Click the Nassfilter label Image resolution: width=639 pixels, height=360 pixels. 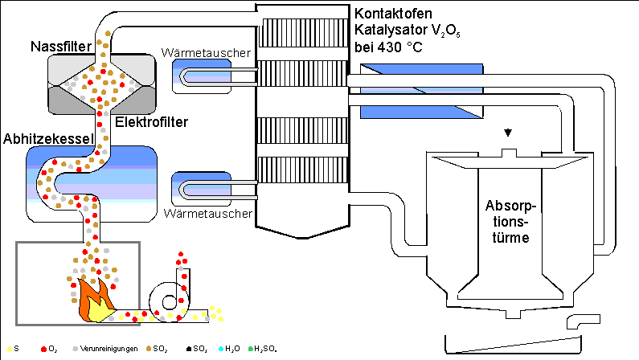click(x=59, y=45)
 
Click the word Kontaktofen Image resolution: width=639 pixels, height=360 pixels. click(x=393, y=14)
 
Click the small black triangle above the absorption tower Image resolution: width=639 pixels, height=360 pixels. click(x=506, y=133)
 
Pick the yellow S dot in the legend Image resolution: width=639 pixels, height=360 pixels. click(x=7, y=349)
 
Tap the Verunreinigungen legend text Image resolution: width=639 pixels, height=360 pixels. click(x=109, y=349)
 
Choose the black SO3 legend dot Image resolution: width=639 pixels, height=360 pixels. click(x=187, y=349)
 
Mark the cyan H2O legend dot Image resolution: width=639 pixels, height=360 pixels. click(x=219, y=349)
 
